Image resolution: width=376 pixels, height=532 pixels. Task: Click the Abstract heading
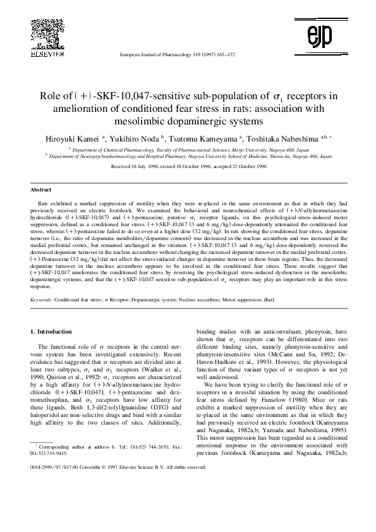40,189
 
